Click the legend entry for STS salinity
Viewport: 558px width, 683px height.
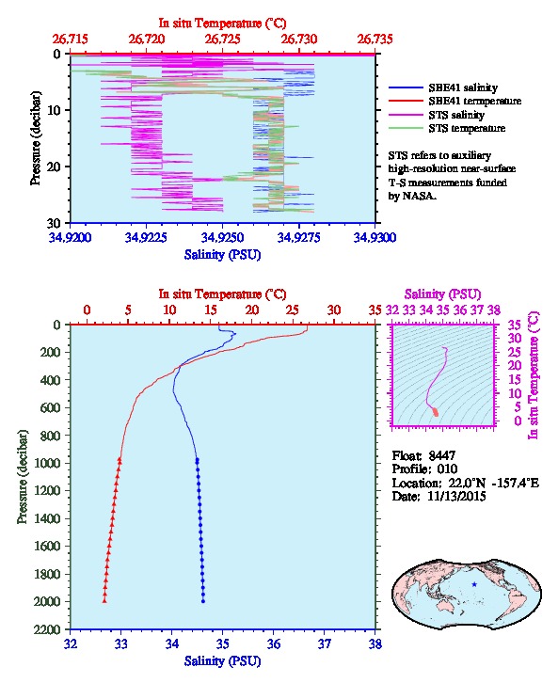456,115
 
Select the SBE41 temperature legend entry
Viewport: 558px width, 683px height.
474,101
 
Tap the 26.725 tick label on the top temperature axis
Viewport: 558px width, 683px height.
223,40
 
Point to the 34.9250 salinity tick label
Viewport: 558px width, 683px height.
223,237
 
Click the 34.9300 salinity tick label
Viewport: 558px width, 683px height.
375,237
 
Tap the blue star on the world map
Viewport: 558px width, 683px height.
474,584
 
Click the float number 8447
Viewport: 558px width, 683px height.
441,455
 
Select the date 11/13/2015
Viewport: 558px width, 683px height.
456,496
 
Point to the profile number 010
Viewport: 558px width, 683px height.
447,469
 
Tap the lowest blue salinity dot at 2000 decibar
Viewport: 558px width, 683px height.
203,601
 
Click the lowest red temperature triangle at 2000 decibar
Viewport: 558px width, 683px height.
104,600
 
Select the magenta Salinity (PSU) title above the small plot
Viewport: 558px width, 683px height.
442,294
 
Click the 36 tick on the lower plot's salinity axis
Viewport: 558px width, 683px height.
274,643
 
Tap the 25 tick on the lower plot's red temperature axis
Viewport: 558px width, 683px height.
293,310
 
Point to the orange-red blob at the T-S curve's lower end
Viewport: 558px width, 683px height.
435,412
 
